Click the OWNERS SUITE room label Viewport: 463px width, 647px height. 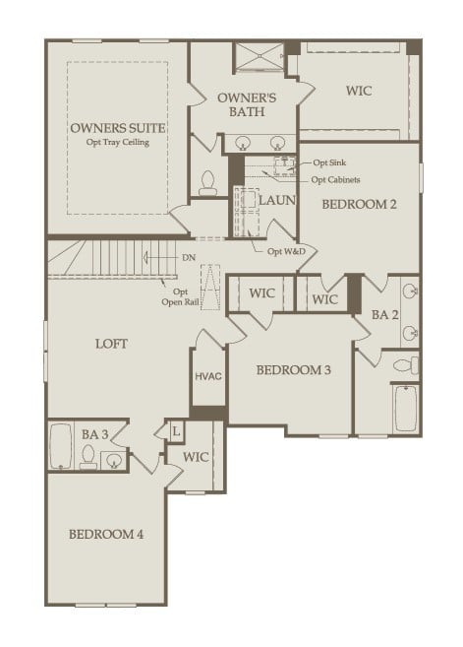pos(117,128)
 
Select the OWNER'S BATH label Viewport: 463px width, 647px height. pos(247,105)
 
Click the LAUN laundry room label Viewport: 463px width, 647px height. pos(277,200)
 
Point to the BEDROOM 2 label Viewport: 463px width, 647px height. pos(359,205)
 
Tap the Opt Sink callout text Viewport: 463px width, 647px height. pos(328,162)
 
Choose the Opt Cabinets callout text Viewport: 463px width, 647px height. pos(335,179)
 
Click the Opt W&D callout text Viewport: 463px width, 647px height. pos(286,250)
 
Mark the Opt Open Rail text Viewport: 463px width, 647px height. pos(180,297)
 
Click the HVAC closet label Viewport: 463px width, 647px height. pos(207,377)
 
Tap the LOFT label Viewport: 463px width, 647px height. pos(111,344)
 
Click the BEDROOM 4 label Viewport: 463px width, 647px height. pos(106,534)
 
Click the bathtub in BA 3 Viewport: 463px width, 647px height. pos(61,446)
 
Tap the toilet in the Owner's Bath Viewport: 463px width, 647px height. pos(207,182)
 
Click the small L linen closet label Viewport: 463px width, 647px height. pos(176,431)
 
